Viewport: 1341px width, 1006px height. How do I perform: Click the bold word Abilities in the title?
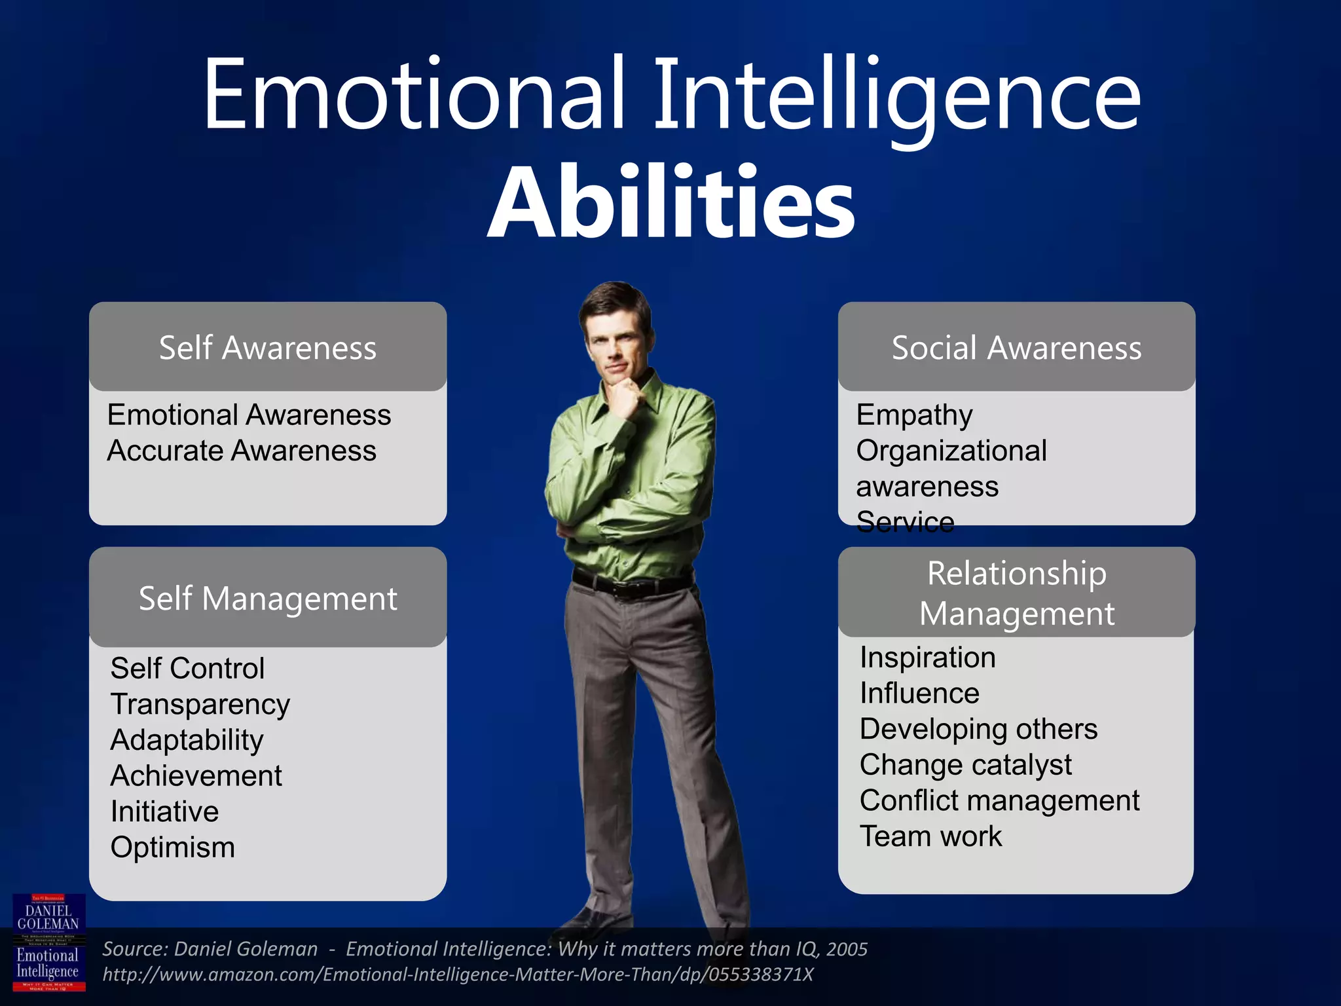(671, 203)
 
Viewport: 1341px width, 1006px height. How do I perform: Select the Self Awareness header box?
(268, 347)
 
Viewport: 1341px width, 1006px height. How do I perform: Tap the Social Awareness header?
(1016, 347)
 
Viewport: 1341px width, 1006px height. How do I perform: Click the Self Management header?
(268, 598)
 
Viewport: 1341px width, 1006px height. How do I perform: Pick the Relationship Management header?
(1016, 593)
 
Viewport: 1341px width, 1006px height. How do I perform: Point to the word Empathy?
(914, 415)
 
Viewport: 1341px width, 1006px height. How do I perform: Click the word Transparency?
(200, 705)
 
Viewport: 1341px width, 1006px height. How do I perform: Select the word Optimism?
(172, 848)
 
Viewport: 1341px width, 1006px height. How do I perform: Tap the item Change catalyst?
(965, 765)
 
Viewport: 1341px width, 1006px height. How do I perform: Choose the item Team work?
(930, 836)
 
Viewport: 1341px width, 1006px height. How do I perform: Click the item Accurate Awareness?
(242, 451)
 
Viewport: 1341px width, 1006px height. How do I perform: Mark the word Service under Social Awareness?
(905, 522)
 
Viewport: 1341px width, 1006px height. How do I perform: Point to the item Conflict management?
(999, 800)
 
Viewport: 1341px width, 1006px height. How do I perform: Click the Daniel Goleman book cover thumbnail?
(49, 942)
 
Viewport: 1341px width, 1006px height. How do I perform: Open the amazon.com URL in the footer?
(458, 975)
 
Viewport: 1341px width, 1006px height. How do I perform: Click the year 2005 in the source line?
(847, 949)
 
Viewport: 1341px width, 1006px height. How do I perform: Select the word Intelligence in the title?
(897, 95)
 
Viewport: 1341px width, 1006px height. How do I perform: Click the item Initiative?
(164, 811)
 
